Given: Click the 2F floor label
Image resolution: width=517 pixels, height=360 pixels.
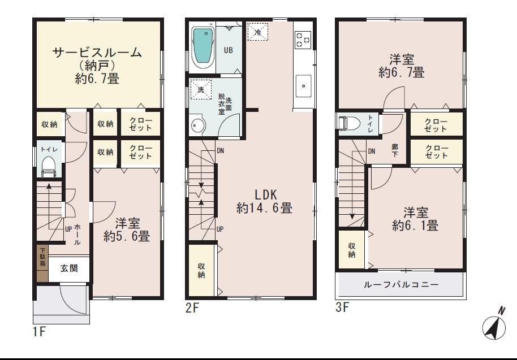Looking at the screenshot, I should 192,309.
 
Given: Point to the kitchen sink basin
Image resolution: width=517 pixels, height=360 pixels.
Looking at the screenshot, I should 304,86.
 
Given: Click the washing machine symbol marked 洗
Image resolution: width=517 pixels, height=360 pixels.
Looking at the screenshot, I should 201,90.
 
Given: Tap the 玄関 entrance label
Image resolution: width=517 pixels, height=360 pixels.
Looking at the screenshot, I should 70,269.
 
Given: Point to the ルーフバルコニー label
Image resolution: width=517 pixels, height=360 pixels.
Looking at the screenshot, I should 401,285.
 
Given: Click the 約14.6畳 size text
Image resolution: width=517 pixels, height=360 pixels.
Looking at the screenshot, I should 264,209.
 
